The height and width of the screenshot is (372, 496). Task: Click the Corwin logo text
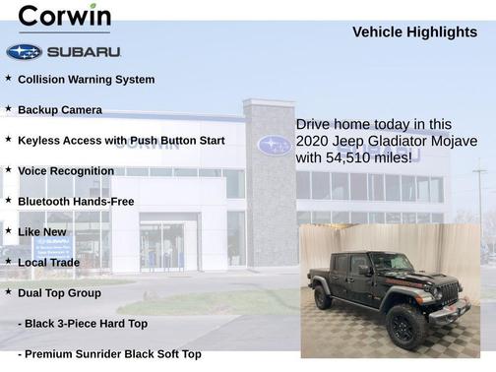(65, 17)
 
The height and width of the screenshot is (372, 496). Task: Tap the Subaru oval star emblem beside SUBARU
(24, 51)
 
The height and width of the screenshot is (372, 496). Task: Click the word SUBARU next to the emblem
(84, 51)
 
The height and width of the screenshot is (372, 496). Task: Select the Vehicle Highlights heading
(414, 32)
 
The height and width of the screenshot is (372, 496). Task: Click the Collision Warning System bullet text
(86, 80)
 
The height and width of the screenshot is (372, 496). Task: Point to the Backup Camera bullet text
(59, 110)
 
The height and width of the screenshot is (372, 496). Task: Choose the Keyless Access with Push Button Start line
(121, 141)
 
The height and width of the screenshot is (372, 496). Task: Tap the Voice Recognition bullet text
(66, 171)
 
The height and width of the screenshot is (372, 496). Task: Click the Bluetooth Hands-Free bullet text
(76, 202)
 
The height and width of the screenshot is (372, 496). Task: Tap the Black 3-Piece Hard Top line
(83, 324)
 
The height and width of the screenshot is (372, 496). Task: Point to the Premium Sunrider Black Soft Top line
(109, 354)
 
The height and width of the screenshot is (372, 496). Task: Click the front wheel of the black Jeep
(405, 325)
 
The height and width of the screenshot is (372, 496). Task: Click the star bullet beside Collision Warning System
(9, 79)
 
